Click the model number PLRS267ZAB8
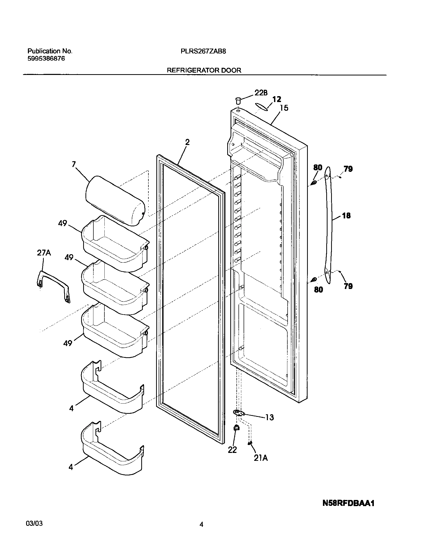click(203, 51)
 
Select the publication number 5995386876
click(46, 59)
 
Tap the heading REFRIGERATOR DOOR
click(204, 70)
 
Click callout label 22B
click(261, 93)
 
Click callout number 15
click(284, 108)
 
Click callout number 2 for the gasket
click(187, 142)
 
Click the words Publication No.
click(50, 51)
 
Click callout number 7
click(74, 164)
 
